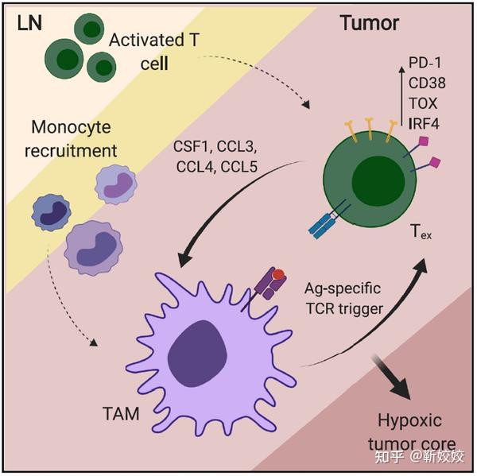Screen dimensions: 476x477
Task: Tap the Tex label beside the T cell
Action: [420, 232]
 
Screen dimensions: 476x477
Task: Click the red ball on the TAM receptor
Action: [278, 275]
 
